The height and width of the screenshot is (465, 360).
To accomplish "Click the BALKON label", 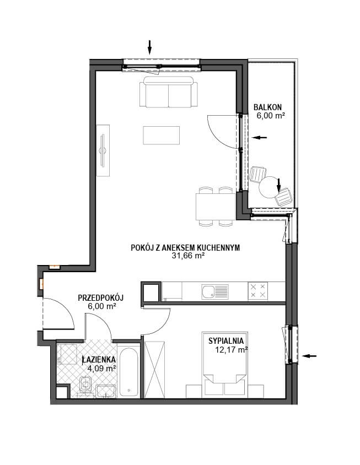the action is (267, 107).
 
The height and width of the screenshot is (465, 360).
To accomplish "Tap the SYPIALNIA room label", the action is (226, 341).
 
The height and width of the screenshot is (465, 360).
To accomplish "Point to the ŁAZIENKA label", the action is (99, 359).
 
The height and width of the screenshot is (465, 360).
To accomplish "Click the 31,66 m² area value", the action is (188, 256).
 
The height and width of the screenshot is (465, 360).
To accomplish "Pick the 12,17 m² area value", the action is (232, 350).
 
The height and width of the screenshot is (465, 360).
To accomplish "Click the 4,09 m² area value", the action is (101, 369).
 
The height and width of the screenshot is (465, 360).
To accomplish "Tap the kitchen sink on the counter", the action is (215, 292).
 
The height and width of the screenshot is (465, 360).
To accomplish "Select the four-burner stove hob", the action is (257, 291).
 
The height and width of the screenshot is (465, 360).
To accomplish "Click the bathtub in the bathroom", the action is (130, 371).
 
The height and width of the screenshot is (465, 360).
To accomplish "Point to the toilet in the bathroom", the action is (86, 385).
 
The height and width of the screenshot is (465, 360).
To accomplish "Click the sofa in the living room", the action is (169, 91).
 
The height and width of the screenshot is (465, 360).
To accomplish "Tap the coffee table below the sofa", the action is (161, 135).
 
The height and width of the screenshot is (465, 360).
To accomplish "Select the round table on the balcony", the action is (268, 187).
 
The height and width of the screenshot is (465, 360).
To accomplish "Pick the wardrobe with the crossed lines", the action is (154, 369).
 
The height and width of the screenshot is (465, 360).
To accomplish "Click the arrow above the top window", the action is (149, 47).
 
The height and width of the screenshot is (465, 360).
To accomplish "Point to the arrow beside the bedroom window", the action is (309, 356).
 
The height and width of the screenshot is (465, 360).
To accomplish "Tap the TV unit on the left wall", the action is (103, 150).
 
